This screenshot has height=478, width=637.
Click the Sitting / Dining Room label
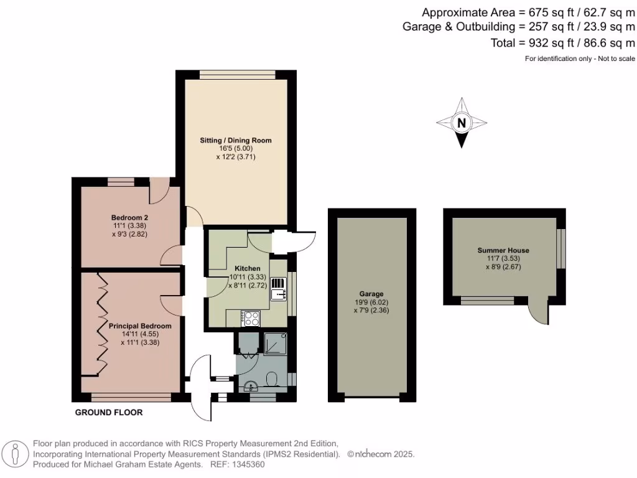click(236, 141)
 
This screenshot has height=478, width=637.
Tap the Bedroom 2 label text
click(129, 217)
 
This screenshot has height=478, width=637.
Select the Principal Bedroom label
click(140, 326)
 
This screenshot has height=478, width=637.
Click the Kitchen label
click(247, 268)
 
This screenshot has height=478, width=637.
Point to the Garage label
click(371, 294)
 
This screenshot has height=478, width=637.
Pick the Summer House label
click(503, 250)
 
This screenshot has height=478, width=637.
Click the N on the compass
click(461, 123)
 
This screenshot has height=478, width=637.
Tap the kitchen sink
click(278, 289)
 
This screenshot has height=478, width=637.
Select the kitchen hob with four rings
click(251, 318)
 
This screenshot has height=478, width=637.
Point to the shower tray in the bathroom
click(274, 342)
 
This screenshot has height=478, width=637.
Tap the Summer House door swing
click(539, 311)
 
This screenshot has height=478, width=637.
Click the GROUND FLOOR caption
click(109, 413)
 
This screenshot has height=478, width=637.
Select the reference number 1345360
click(248, 464)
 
